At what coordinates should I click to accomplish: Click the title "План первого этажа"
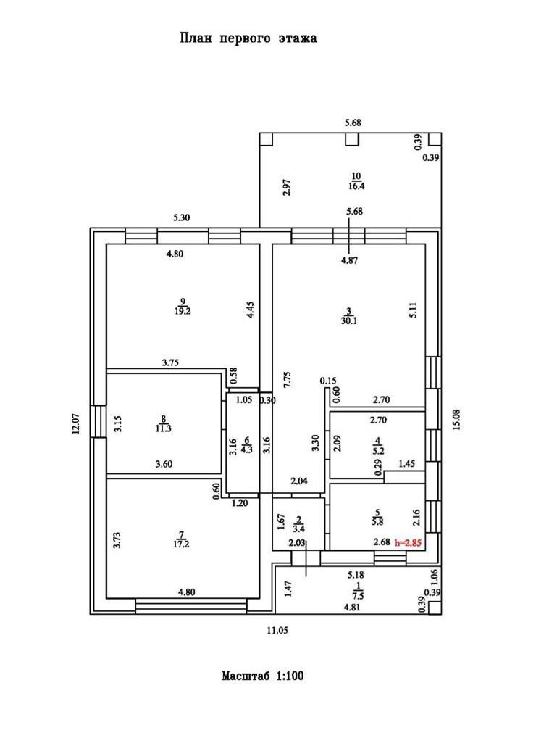point(248,38)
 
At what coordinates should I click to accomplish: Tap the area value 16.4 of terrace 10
point(355,186)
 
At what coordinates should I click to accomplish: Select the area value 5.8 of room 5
point(376,520)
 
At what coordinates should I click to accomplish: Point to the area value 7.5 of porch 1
point(358,596)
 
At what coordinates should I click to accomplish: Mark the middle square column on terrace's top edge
point(351,139)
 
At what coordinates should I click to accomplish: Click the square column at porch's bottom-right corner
point(434,608)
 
